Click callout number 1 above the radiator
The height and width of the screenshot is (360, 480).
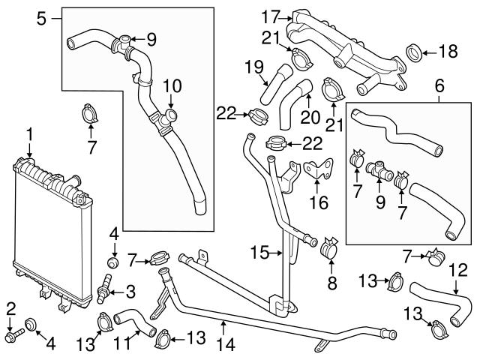29,134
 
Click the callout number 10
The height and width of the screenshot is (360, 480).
172,87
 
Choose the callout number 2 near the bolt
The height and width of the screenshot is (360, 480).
10,307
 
